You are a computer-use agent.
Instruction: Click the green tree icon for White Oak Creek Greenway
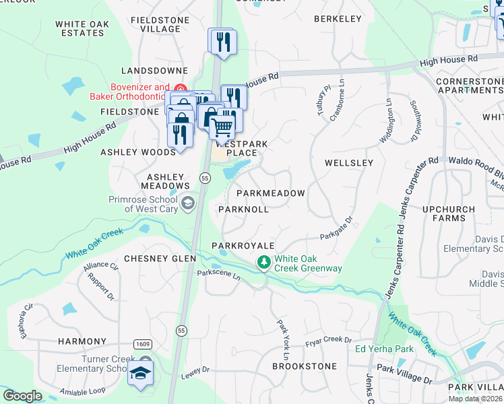[x=265, y=261]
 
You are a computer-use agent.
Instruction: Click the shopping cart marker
[x=222, y=126]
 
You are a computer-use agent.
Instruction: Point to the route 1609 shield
[x=142, y=343]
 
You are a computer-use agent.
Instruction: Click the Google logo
[x=22, y=396]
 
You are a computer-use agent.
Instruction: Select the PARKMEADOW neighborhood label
[x=270, y=193]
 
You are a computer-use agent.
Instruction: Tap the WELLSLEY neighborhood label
[x=348, y=163]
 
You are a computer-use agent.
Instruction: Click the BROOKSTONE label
[x=304, y=366]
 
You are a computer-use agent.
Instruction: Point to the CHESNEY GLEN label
[x=160, y=259]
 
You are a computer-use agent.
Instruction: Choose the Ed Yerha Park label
[x=384, y=349]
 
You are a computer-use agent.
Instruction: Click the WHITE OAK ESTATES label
[x=80, y=28]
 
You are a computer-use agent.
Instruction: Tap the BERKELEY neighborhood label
[x=338, y=19]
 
